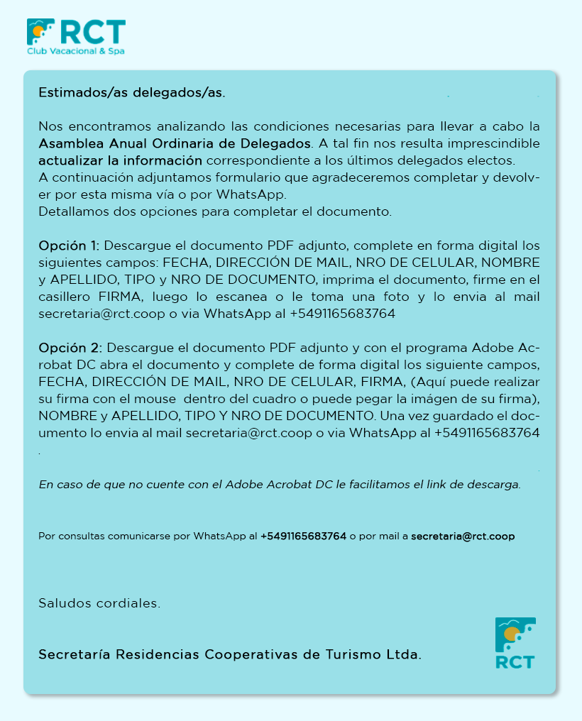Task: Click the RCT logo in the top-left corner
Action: coord(76,33)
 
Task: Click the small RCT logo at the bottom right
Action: coord(515,643)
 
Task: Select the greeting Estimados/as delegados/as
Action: coord(132,93)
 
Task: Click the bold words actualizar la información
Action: coord(120,160)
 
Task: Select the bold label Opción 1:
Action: coord(69,246)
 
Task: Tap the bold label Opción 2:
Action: coord(70,348)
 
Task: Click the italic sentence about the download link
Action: coord(280,485)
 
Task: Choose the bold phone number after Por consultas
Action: coord(303,536)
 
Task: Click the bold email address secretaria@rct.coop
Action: coord(463,536)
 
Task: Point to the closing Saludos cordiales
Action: coord(99,604)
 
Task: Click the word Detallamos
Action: coord(75,211)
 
